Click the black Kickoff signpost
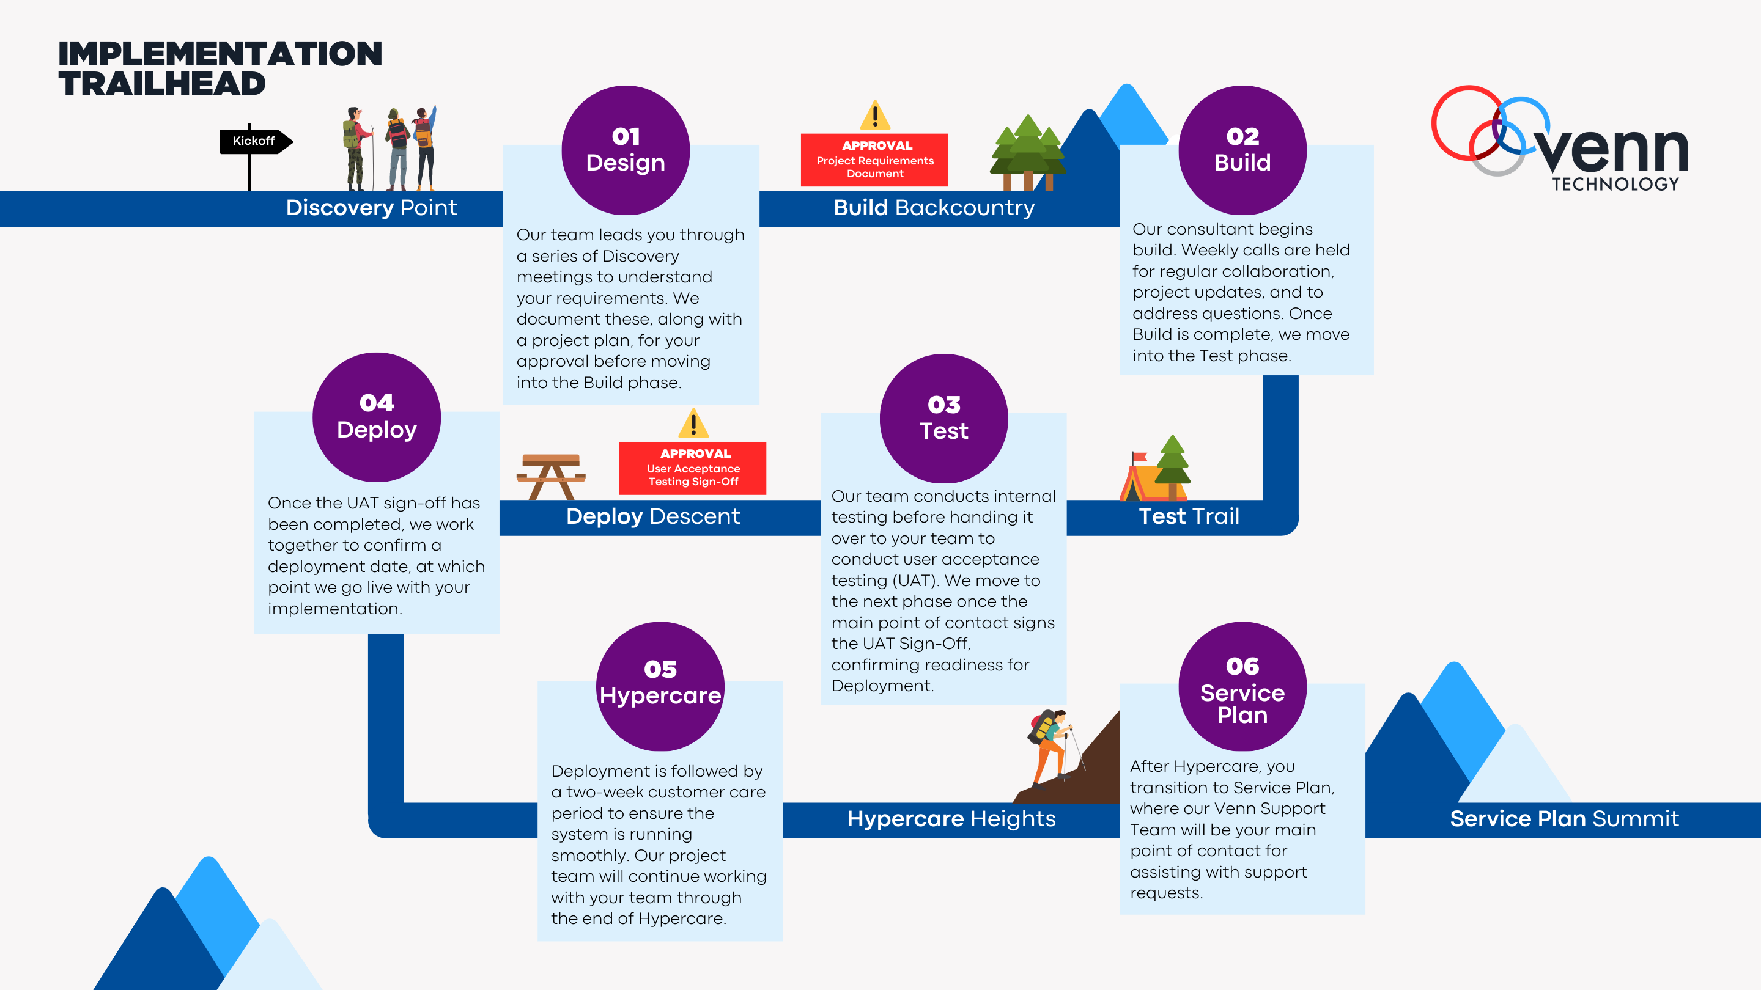pos(254,141)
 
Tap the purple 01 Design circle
pos(626,150)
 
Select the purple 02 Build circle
pos(1242,150)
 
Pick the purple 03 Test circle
pos(943,418)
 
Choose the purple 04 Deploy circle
pos(377,417)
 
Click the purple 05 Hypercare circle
pos(660,685)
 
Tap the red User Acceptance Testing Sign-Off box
pos(693,468)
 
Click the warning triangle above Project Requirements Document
pos(875,116)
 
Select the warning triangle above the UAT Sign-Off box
pos(693,424)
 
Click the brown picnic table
pos(551,475)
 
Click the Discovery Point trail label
pos(371,208)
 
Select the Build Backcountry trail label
pos(934,208)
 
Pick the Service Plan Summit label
pos(1564,818)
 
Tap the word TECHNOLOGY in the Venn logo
pos(1615,184)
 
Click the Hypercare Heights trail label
pos(951,818)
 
